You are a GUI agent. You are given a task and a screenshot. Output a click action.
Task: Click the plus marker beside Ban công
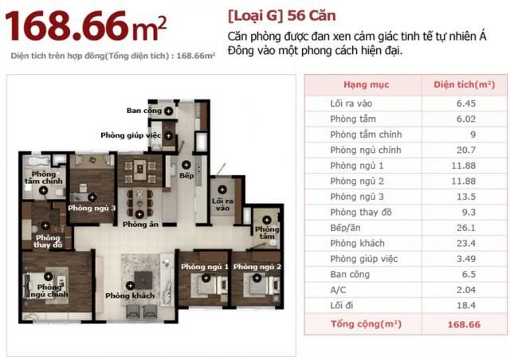tap(168, 112)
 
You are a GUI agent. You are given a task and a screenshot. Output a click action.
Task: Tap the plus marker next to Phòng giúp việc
tap(168, 135)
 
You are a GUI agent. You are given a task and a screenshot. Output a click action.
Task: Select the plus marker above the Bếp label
tap(186, 165)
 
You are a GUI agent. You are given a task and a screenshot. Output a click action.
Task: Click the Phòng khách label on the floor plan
tap(130, 295)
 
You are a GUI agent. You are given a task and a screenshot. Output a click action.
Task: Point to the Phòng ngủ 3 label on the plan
tap(92, 208)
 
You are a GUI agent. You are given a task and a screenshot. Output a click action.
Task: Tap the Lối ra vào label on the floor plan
tap(222, 205)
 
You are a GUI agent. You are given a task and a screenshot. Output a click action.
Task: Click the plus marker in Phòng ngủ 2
tap(257, 278)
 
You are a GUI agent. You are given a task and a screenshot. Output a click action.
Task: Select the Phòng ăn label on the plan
tap(140, 225)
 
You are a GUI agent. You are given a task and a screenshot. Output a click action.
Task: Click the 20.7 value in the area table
tap(465, 150)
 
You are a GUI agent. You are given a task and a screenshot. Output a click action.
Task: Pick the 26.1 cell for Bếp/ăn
tap(465, 228)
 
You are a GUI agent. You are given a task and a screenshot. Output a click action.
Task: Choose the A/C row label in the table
tap(338, 290)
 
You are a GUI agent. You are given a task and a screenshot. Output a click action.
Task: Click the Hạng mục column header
tap(367, 84)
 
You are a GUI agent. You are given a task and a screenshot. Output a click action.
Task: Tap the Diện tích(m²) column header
tap(465, 84)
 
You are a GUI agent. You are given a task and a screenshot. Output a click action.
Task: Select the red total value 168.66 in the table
tap(464, 324)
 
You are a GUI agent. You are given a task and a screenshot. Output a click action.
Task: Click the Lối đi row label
tap(342, 305)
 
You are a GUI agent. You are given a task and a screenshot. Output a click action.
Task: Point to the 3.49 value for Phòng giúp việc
tap(465, 259)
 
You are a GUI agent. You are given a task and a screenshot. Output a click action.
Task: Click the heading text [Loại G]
tap(256, 16)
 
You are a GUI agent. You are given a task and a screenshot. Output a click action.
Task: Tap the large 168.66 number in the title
tap(66, 26)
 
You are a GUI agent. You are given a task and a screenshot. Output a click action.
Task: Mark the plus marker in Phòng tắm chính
tap(43, 191)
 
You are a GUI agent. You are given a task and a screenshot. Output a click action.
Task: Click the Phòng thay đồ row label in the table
tap(361, 213)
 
